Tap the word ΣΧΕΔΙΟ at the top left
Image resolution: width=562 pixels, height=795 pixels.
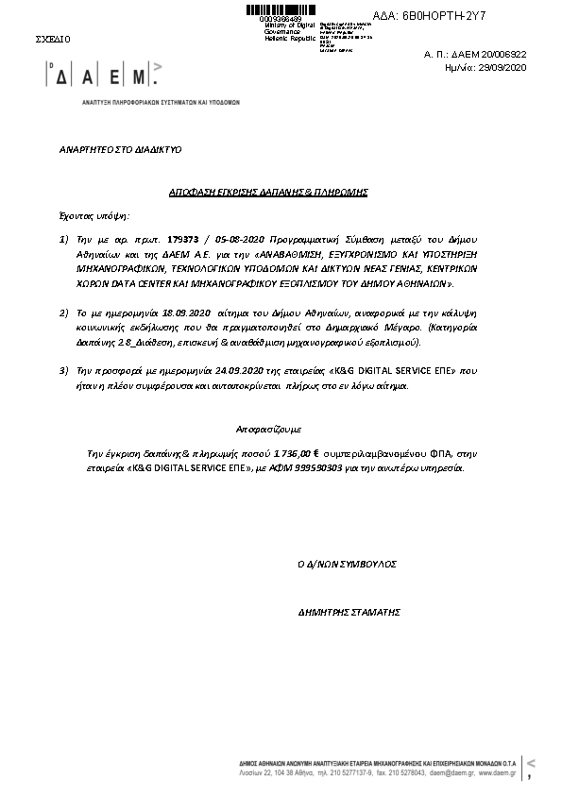[52, 40]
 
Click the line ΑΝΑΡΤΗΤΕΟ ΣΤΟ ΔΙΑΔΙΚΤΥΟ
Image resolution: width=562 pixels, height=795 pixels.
[120, 149]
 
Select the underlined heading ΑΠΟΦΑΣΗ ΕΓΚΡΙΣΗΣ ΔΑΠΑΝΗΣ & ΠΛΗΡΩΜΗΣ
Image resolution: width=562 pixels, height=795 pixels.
[267, 192]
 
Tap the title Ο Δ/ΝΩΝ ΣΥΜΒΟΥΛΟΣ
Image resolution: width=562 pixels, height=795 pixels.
[347, 564]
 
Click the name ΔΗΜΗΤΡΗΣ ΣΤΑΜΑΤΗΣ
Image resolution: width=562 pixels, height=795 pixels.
[349, 612]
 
